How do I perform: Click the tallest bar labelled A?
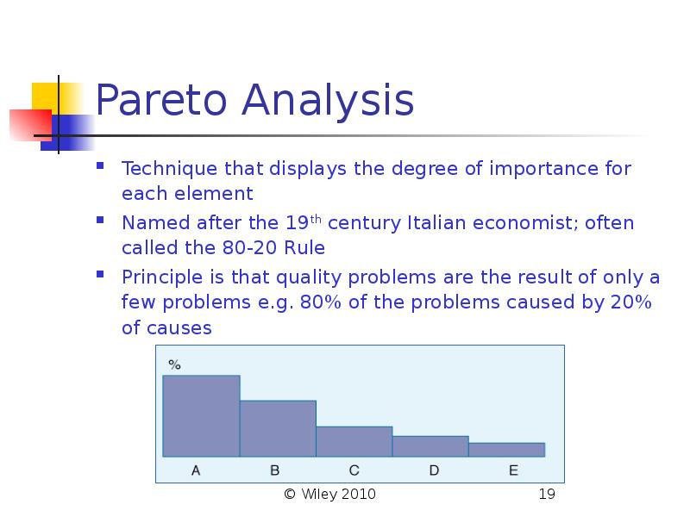click(201, 416)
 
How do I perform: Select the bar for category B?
click(278, 428)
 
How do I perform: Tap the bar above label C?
click(354, 441)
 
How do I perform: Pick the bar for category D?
click(430, 446)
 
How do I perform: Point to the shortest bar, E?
click(507, 450)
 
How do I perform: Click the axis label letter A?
click(196, 470)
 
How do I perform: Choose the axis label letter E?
click(513, 470)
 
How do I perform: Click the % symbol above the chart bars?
click(174, 364)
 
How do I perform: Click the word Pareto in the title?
click(161, 100)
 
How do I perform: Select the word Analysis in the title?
click(328, 101)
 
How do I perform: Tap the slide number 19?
click(547, 494)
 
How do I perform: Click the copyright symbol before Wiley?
click(290, 494)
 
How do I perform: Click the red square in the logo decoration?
click(30, 125)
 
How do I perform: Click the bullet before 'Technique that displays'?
click(100, 165)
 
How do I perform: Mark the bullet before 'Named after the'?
click(100, 220)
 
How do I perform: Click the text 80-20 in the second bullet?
click(243, 248)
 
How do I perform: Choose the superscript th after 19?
click(316, 219)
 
